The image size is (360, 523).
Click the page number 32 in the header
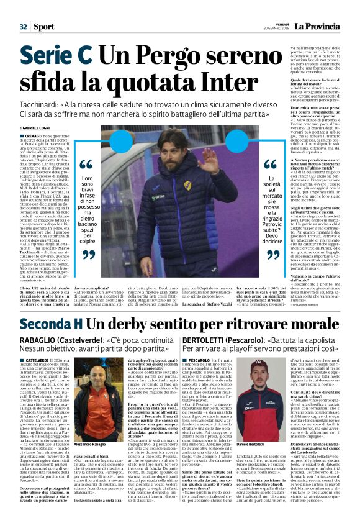(23, 27)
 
